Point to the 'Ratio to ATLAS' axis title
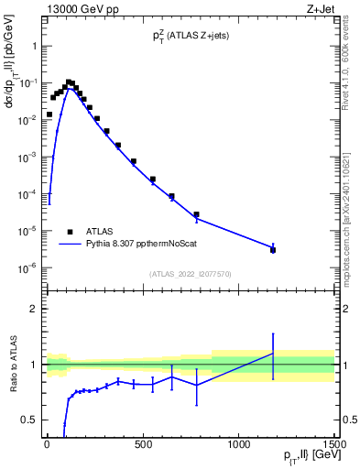(x=13, y=365)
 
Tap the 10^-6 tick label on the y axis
(x=27, y=268)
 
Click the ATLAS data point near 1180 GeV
(x=273, y=249)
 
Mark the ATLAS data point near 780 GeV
(x=196, y=214)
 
